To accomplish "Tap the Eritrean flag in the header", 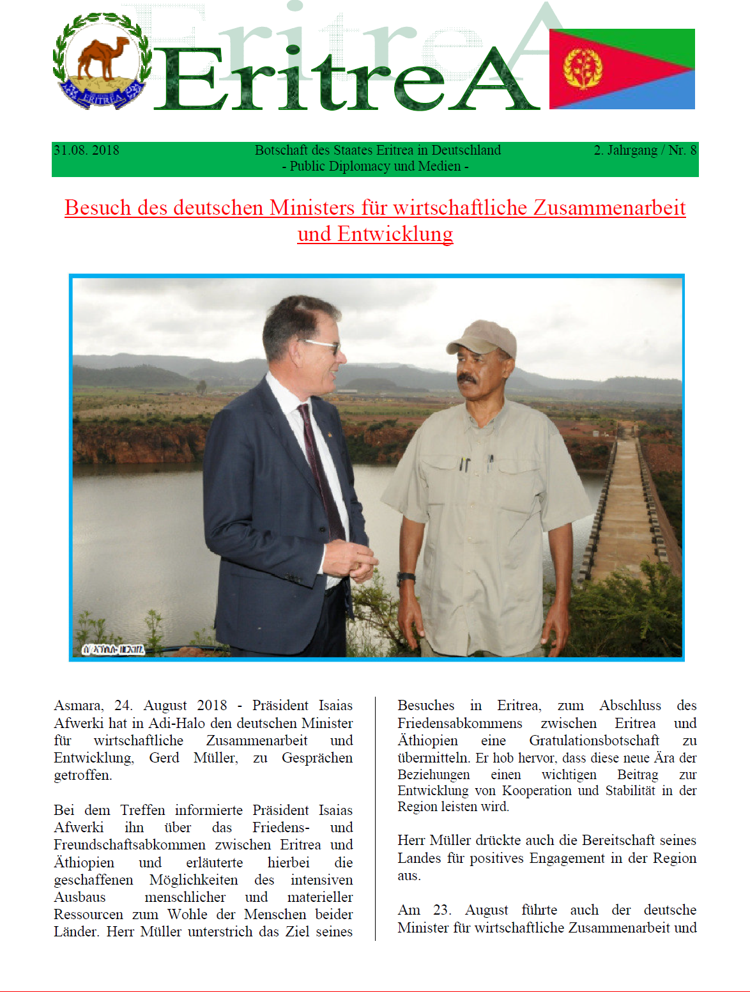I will click(622, 69).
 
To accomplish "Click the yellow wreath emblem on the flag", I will click(583, 68).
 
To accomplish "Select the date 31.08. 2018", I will click(86, 150).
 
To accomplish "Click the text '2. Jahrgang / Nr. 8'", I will click(645, 150).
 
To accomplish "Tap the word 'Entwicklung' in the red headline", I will click(395, 234).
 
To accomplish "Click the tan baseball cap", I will click(483, 337).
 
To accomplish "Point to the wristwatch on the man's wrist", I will click(406, 578).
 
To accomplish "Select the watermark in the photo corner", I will click(113, 649).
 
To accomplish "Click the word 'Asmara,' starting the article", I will click(78, 706).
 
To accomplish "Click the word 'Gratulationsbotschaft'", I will click(593, 741).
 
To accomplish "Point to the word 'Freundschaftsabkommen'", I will click(129, 845).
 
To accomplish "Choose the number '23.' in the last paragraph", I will click(442, 910).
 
